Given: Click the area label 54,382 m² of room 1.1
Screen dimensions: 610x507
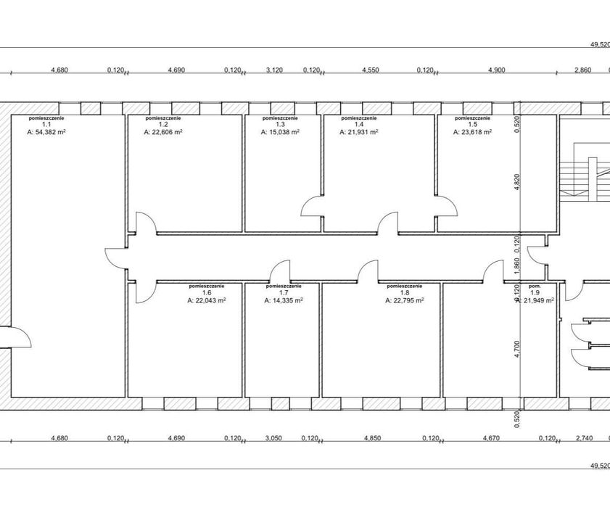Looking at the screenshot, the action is click(x=46, y=132).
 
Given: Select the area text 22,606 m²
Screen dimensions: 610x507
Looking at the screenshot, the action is click(x=163, y=132).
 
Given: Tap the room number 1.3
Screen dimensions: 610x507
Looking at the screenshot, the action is click(x=280, y=125).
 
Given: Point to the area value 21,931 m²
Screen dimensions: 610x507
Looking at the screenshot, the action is click(x=359, y=132).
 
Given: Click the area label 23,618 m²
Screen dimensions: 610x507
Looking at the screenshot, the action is click(x=473, y=132).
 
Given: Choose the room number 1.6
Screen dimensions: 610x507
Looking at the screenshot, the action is click(x=207, y=293).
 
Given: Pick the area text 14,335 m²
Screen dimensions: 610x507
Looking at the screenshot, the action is click(x=284, y=300).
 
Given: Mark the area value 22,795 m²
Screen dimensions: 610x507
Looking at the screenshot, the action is click(x=405, y=300).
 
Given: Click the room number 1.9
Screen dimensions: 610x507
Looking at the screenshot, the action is click(x=535, y=293).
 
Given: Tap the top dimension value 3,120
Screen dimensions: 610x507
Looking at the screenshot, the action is click(x=274, y=70).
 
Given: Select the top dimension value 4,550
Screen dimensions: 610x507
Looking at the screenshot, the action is click(x=371, y=70).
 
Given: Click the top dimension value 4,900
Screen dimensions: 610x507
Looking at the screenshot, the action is click(x=496, y=70).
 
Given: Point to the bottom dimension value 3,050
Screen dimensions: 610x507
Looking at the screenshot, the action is click(x=274, y=438).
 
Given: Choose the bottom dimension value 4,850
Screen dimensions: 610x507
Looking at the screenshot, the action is click(x=372, y=438).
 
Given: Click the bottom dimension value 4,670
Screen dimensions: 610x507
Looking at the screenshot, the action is click(x=491, y=438).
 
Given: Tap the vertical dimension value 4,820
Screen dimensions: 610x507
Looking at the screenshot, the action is click(x=516, y=182).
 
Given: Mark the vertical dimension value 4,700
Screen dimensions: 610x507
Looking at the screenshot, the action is click(x=516, y=349).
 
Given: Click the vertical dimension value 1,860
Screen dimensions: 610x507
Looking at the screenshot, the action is click(x=516, y=266).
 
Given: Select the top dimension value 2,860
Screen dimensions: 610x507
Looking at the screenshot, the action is click(x=582, y=70).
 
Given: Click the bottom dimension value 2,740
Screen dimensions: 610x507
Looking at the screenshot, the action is click(x=585, y=438).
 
